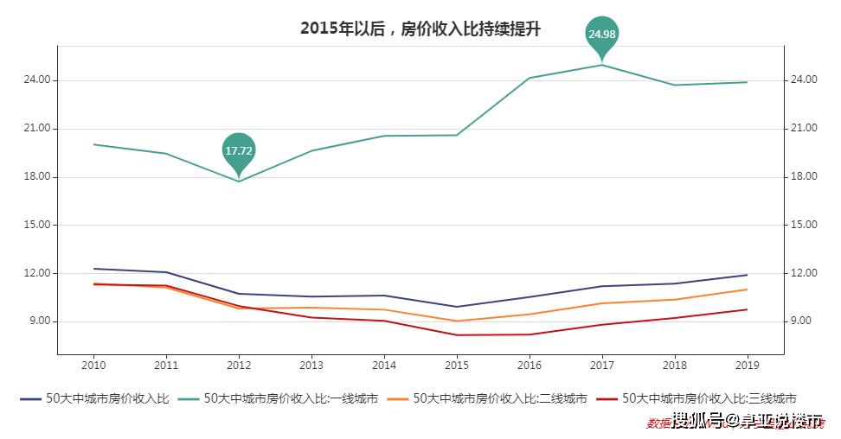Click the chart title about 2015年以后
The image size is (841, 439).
pyautogui.click(x=420, y=29)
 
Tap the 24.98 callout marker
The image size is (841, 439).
pyautogui.click(x=601, y=35)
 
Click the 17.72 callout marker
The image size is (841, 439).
pyautogui.click(x=239, y=150)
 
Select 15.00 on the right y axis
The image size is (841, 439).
pyautogui.click(x=804, y=225)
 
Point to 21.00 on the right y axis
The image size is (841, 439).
pyautogui.click(x=804, y=129)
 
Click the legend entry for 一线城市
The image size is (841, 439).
pyautogui.click(x=278, y=399)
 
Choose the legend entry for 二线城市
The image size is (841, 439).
pyautogui.click(x=487, y=399)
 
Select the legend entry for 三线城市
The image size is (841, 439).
pyautogui.click(x=697, y=399)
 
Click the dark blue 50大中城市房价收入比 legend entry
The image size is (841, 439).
pyautogui.click(x=95, y=399)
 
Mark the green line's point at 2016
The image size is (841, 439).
pyautogui.click(x=530, y=78)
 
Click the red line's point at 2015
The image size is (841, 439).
pyautogui.click(x=457, y=335)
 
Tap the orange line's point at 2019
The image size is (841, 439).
pyautogui.click(x=748, y=289)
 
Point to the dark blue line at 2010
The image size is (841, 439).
pyautogui.click(x=93, y=269)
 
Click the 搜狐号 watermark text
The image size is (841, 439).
pyautogui.click(x=697, y=421)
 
